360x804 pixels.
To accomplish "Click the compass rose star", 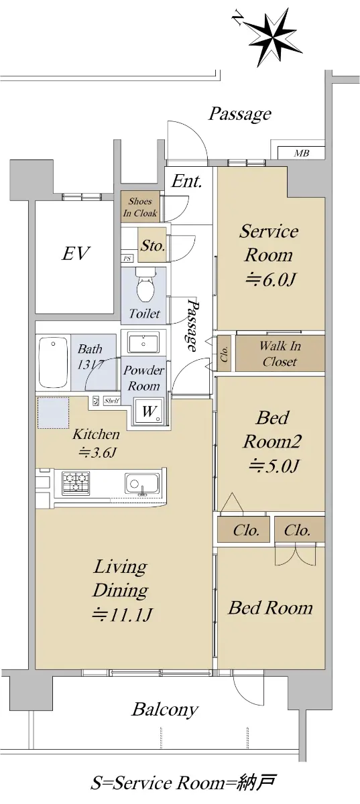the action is tap(274, 37).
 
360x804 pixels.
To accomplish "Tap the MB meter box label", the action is tap(302, 153).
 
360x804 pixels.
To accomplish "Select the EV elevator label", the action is tap(76, 253).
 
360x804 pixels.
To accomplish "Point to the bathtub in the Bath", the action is tap(53, 362).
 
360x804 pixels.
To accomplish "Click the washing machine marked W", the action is tap(149, 411).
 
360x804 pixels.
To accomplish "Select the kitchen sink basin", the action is tap(142, 484).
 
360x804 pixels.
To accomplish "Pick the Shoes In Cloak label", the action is tap(140, 207).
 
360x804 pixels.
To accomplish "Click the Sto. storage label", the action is tap(153, 246).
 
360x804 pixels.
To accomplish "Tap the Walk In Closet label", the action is tap(280, 354).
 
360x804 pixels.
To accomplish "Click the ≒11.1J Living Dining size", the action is tap(122, 614).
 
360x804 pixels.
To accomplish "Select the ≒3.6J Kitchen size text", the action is tap(98, 452).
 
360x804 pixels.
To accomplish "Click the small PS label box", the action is tap(127, 259).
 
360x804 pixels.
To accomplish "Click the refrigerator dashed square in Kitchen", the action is tap(54, 413).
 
